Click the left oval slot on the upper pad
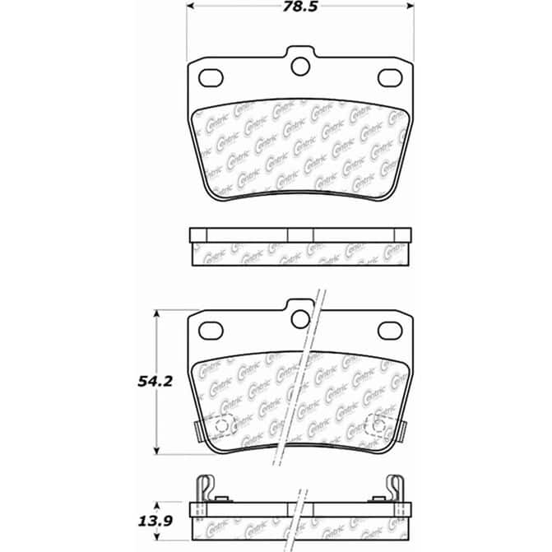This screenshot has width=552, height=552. coord(211,77)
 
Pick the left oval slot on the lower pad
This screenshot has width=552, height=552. coord(211,330)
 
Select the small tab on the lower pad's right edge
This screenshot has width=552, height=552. coord(404,431)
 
